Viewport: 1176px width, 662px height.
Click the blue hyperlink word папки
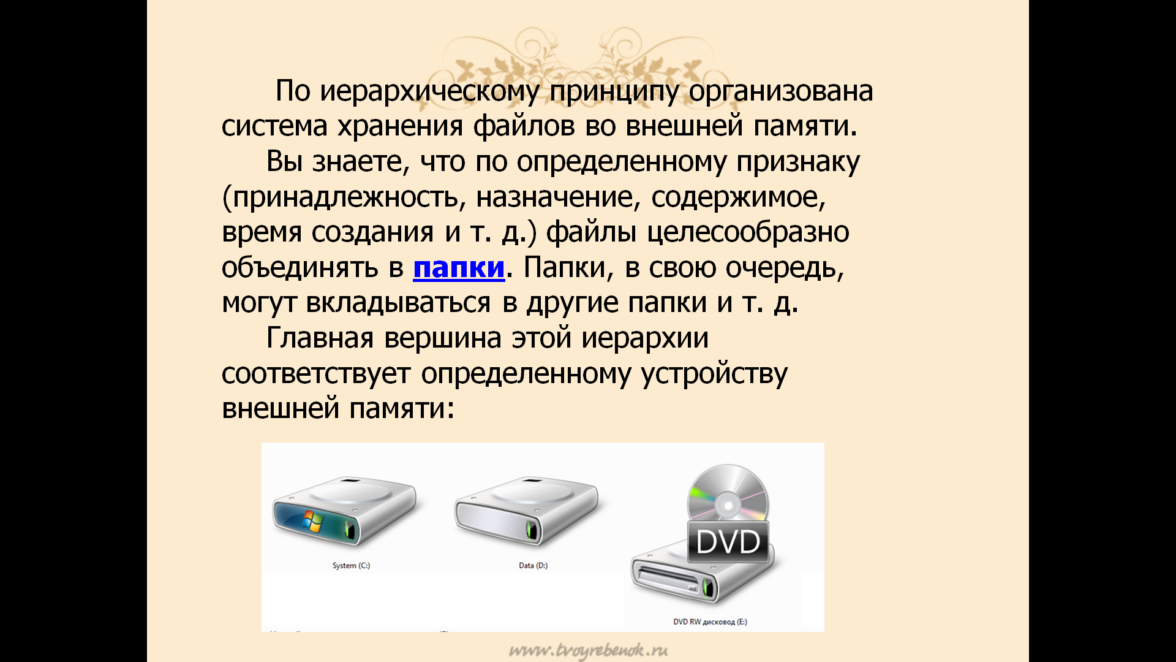coord(459,268)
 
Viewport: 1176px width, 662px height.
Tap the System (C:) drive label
coord(351,566)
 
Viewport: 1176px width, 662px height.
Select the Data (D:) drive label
coord(533,566)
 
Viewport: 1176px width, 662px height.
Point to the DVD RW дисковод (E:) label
coord(710,622)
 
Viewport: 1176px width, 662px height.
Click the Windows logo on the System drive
coord(313,520)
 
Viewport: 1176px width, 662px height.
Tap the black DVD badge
coord(728,542)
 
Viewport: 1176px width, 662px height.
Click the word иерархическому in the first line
coord(429,91)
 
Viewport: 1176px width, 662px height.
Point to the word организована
coord(781,91)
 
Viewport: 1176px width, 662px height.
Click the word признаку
coord(798,162)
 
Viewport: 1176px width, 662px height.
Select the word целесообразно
coord(748,232)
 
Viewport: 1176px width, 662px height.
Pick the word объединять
coord(300,268)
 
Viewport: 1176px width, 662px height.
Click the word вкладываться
coord(398,303)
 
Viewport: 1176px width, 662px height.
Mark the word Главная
coord(320,338)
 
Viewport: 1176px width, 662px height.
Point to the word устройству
coord(714,374)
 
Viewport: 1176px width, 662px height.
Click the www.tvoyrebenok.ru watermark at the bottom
coord(588,650)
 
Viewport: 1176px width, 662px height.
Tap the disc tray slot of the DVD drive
coord(668,579)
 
